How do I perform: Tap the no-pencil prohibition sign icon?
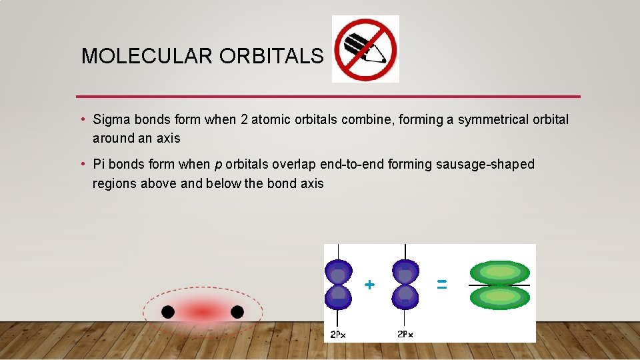click(x=365, y=49)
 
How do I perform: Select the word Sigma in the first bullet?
click(x=111, y=120)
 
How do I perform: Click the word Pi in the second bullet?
click(x=100, y=164)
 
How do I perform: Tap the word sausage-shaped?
click(x=485, y=165)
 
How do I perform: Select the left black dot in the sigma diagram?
click(x=168, y=311)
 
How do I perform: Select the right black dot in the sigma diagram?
click(x=237, y=311)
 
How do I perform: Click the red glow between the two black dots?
click(x=203, y=311)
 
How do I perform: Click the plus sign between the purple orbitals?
click(x=369, y=285)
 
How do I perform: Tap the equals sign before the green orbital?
click(x=441, y=284)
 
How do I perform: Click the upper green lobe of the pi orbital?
click(x=499, y=272)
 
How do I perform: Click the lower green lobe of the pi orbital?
click(x=499, y=297)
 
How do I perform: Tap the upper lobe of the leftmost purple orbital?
click(x=339, y=273)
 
